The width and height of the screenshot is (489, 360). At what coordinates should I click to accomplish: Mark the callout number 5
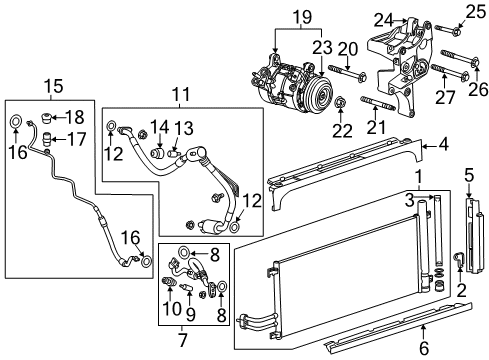[x=469, y=175]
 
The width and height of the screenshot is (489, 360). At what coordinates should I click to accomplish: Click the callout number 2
[x=461, y=291]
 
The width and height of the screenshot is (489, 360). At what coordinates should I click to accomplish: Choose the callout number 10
[x=169, y=308]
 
